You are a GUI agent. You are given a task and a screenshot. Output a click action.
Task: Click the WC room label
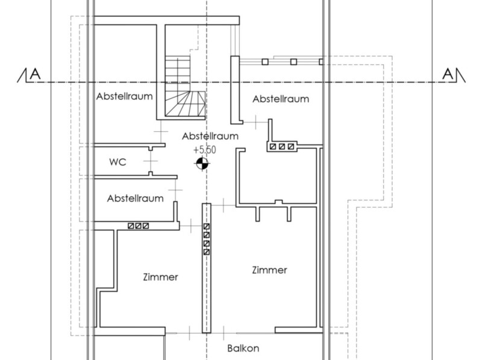(117, 162)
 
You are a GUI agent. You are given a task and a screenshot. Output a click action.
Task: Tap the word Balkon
(243, 349)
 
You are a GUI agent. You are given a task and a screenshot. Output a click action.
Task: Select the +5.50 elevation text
(205, 150)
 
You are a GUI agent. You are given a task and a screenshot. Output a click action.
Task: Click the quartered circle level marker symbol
(202, 163)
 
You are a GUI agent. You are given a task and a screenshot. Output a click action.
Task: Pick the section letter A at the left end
(36, 74)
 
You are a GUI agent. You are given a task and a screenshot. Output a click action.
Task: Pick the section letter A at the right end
(448, 74)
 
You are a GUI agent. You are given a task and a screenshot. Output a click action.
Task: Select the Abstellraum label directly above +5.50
(210, 136)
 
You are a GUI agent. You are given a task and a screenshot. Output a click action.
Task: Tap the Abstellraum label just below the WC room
(135, 199)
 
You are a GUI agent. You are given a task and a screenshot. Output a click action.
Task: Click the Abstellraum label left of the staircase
(125, 96)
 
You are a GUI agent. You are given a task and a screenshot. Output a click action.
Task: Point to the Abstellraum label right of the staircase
(281, 99)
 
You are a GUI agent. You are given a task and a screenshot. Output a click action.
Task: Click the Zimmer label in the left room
(160, 277)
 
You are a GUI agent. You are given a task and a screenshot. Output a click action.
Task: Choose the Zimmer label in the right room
(269, 270)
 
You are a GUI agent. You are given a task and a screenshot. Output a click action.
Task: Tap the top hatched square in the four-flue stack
(207, 226)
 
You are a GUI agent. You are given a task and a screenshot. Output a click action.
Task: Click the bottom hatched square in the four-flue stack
(207, 252)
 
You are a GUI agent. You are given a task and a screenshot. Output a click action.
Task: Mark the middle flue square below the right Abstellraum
(282, 146)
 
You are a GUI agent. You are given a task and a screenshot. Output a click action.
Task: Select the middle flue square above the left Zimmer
(139, 226)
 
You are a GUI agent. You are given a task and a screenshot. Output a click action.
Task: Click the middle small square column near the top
(293, 62)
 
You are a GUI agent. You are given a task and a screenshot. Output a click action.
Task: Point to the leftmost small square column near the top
(265, 62)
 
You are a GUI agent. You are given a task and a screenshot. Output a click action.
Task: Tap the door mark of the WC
(150, 161)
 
